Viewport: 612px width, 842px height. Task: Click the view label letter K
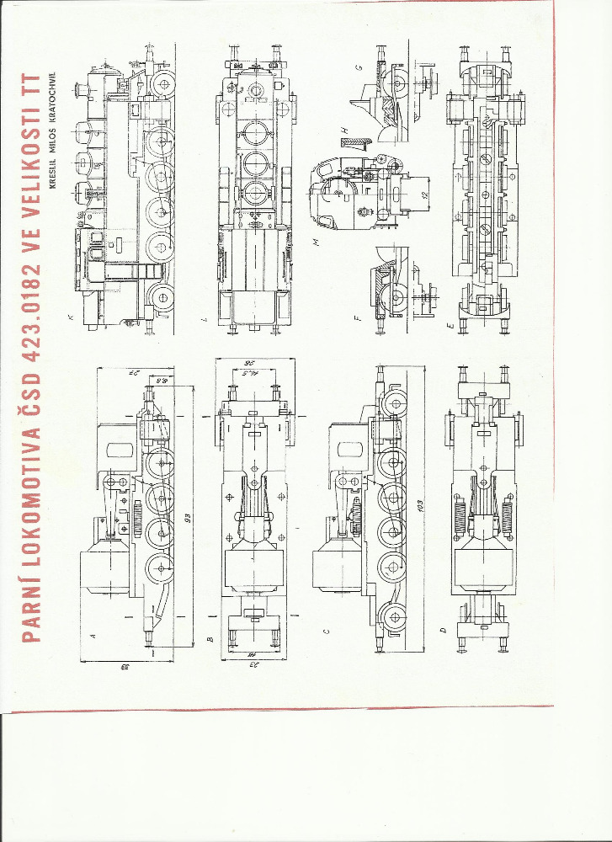click(71, 317)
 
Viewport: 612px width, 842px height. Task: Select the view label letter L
click(210, 317)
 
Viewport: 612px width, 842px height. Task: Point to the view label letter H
click(345, 128)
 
